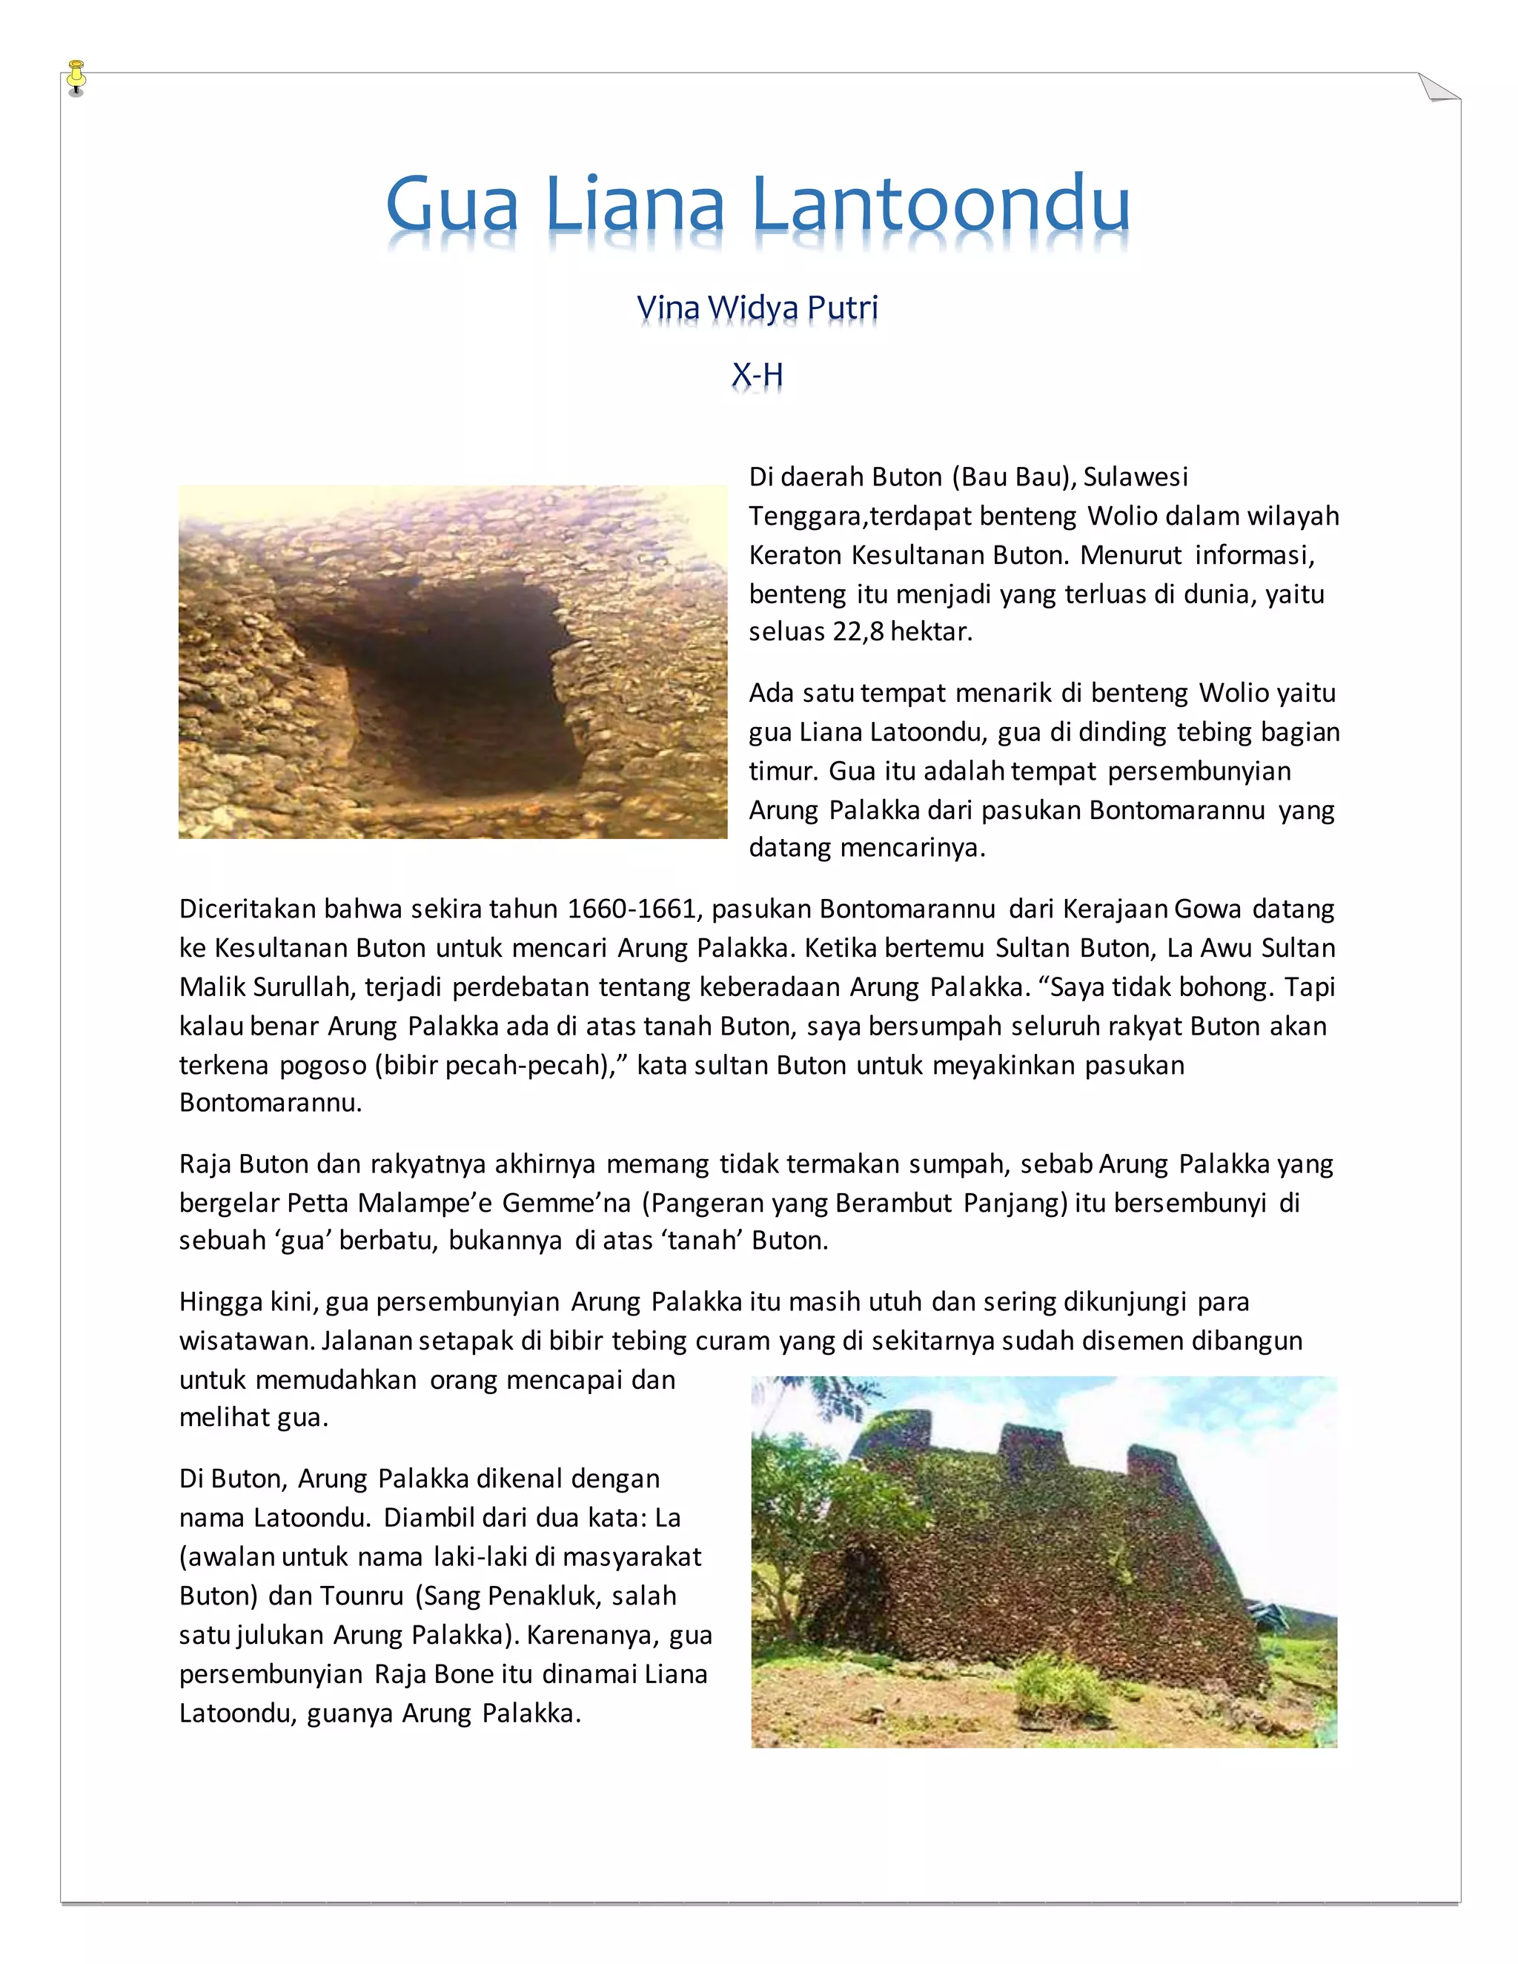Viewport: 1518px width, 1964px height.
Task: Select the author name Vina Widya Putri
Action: pyautogui.click(x=758, y=308)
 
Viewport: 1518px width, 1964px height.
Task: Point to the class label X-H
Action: pyautogui.click(x=758, y=374)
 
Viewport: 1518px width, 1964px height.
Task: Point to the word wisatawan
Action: pyautogui.click(x=245, y=1341)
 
